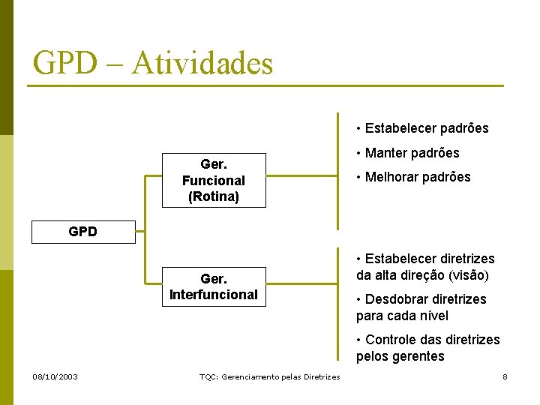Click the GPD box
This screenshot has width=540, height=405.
83,232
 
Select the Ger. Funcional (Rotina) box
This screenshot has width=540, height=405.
214,180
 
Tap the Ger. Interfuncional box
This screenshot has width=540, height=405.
214,286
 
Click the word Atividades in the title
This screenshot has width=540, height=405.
202,63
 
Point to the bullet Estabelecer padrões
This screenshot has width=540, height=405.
423,128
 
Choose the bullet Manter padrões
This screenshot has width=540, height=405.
409,153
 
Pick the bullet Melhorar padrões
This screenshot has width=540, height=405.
414,177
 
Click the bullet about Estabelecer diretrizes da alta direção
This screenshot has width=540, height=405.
425,267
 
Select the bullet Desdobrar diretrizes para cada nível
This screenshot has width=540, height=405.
421,307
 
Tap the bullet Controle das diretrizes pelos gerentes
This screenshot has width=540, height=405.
427,348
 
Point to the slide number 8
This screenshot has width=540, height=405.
505,376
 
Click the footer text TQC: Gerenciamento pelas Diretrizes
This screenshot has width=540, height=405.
269,376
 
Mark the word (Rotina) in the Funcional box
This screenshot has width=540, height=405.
214,196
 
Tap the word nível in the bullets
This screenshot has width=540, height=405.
430,316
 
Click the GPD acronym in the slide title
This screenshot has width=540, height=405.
66,63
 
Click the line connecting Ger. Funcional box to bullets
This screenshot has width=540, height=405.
301,178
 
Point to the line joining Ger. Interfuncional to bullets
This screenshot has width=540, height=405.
301,286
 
